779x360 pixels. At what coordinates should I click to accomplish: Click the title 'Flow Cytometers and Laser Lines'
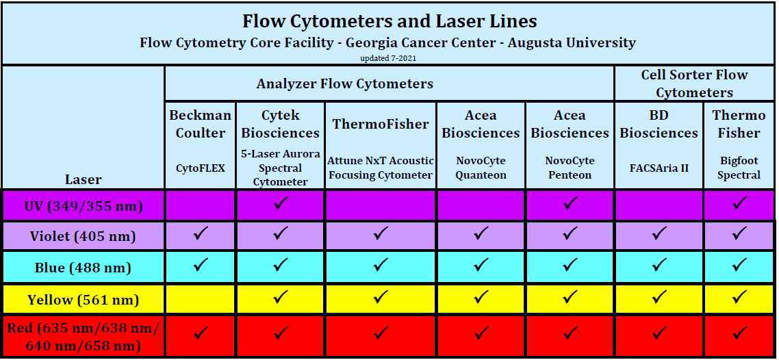[x=389, y=21]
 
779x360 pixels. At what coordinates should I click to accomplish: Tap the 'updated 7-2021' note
[x=389, y=58]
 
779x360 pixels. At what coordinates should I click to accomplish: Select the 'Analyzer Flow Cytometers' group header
[x=344, y=84]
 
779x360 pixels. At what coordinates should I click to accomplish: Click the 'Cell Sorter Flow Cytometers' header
[x=694, y=83]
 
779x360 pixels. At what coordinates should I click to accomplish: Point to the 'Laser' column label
[x=84, y=180]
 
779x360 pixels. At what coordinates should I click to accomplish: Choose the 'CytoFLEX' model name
[x=201, y=167]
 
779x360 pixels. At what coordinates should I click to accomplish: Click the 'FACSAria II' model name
[x=659, y=167]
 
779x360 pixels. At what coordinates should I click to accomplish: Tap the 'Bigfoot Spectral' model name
[x=739, y=168]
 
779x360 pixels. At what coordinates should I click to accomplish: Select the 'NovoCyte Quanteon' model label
[x=481, y=168]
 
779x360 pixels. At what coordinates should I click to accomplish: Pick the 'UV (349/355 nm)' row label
[x=84, y=205]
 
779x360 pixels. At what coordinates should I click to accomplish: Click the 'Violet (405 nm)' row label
[x=84, y=237]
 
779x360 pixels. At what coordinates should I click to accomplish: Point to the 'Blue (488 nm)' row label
[x=84, y=268]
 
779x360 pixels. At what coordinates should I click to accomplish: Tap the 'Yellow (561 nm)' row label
[x=84, y=300]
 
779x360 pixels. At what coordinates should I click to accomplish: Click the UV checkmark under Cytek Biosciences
[x=280, y=203]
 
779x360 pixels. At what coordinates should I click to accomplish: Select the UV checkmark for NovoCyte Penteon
[x=570, y=203]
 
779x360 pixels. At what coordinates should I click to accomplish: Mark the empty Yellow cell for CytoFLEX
[x=201, y=299]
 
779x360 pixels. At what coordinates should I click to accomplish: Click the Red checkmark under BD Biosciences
[x=659, y=334]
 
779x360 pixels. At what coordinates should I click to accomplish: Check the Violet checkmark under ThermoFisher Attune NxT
[x=381, y=235]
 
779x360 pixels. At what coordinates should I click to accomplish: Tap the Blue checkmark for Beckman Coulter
[x=201, y=266]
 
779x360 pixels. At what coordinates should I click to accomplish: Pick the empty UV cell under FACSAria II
[x=659, y=205]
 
